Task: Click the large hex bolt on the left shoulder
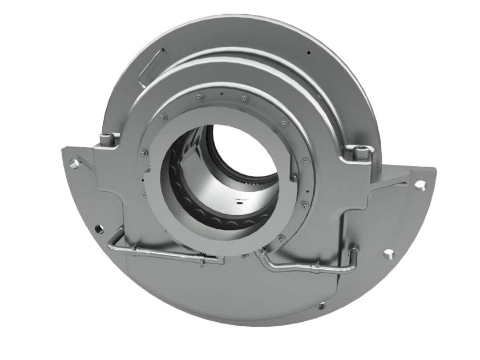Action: [x=105, y=137]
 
